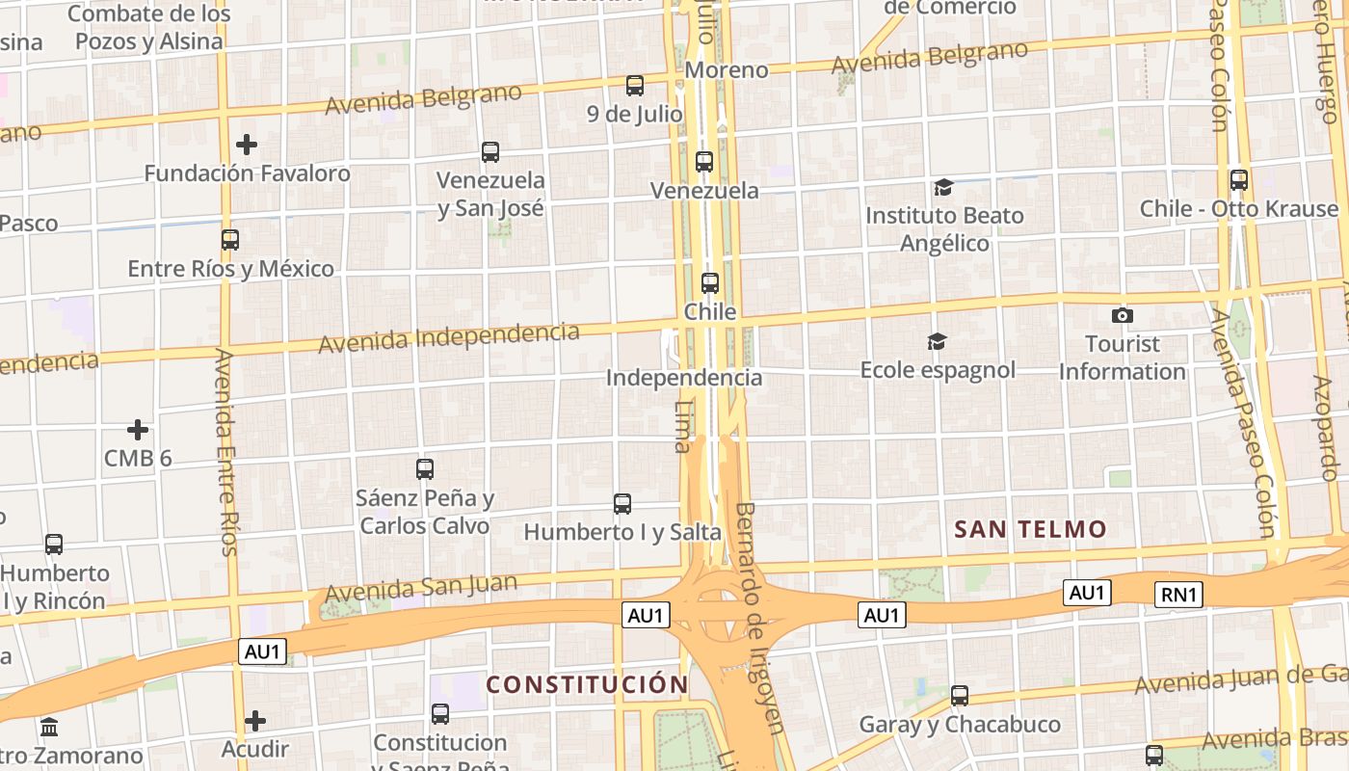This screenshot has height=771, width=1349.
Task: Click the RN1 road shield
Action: click(x=1179, y=595)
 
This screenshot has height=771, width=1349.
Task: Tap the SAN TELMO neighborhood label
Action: click(x=1030, y=529)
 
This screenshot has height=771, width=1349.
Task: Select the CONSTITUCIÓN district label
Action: click(x=587, y=685)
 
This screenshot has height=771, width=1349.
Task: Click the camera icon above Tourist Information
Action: click(x=1122, y=315)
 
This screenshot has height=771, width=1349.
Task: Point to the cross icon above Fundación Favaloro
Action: click(x=247, y=145)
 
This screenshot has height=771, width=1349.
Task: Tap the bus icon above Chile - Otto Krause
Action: click(x=1239, y=179)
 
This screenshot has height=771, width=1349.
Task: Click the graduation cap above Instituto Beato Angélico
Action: click(x=943, y=187)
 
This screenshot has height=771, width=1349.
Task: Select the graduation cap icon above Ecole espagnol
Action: click(x=937, y=341)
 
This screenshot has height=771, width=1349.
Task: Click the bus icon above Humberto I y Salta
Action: click(x=622, y=503)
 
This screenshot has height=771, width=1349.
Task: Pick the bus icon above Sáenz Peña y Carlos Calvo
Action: click(x=425, y=469)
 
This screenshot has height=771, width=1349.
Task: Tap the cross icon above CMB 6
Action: click(x=138, y=429)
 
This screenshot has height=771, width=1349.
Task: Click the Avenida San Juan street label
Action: click(x=421, y=587)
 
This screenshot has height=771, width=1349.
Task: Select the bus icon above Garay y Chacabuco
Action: click(x=960, y=695)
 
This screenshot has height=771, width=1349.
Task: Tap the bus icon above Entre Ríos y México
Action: click(x=230, y=240)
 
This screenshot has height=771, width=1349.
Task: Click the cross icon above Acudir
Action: click(x=255, y=720)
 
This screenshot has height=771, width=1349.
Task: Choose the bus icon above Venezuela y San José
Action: click(x=490, y=151)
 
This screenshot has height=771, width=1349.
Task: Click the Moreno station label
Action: click(x=727, y=70)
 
